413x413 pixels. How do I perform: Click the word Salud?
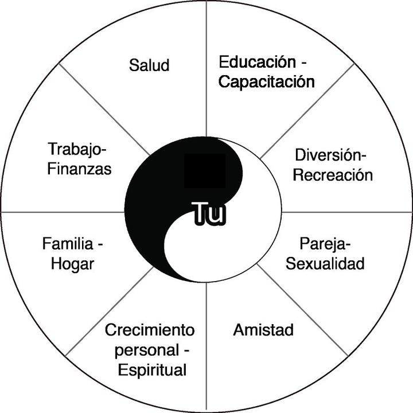point(149,65)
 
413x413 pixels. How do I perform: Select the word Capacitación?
point(267,81)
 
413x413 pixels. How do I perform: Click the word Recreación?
point(333,174)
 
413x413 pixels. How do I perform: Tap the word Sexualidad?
point(325,264)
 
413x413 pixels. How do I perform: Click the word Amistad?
point(263,330)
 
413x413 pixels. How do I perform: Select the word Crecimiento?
point(150,330)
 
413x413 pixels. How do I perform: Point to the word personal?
point(147,350)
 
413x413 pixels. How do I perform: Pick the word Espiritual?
point(152,370)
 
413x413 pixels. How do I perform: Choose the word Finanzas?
point(80,170)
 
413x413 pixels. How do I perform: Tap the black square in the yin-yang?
point(204,170)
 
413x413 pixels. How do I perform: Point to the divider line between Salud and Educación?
point(206,69)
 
